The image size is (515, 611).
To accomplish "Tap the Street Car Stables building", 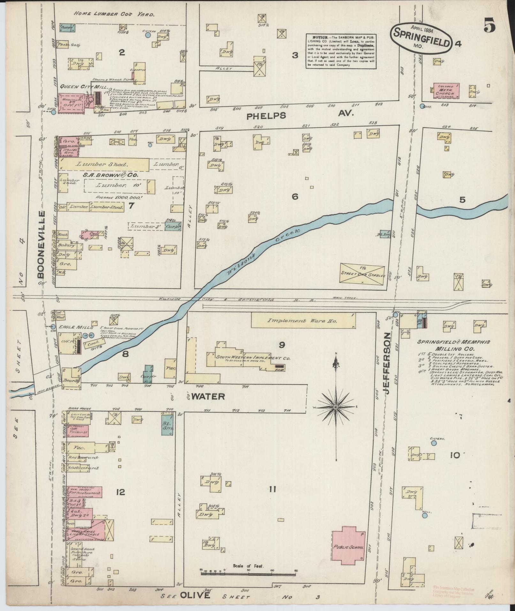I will click(362, 273).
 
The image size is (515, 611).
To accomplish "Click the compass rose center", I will click(336, 407).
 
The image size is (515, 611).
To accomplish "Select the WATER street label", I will click(208, 396).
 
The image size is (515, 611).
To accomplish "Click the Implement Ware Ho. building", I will click(303, 321).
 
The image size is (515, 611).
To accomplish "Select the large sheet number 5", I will click(489, 26).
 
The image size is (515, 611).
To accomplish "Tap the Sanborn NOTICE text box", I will click(341, 51).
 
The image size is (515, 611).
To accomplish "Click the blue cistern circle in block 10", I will click(434, 443).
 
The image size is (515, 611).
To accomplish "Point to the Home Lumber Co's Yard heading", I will click(114, 14).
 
